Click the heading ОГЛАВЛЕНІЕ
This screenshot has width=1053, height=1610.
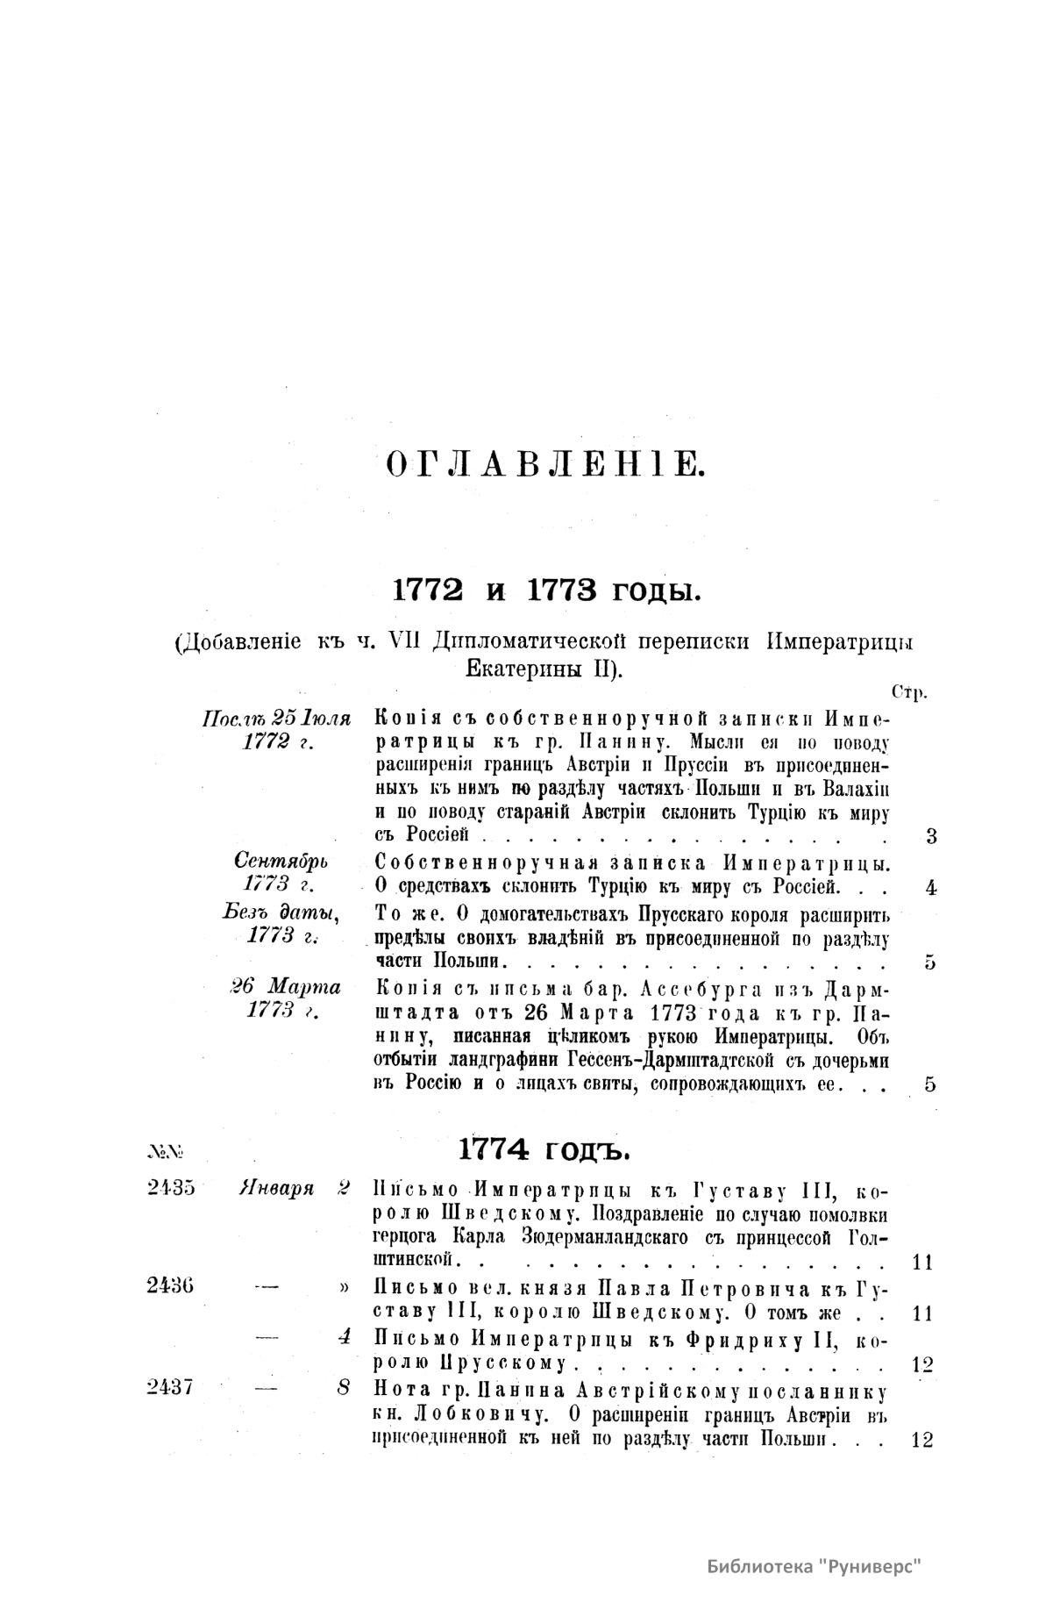click(x=544, y=462)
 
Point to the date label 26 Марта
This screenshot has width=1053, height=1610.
click(x=285, y=986)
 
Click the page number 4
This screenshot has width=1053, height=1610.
click(x=931, y=887)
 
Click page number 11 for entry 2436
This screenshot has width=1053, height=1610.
click(x=921, y=1313)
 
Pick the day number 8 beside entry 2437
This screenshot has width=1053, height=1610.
click(x=345, y=1388)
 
